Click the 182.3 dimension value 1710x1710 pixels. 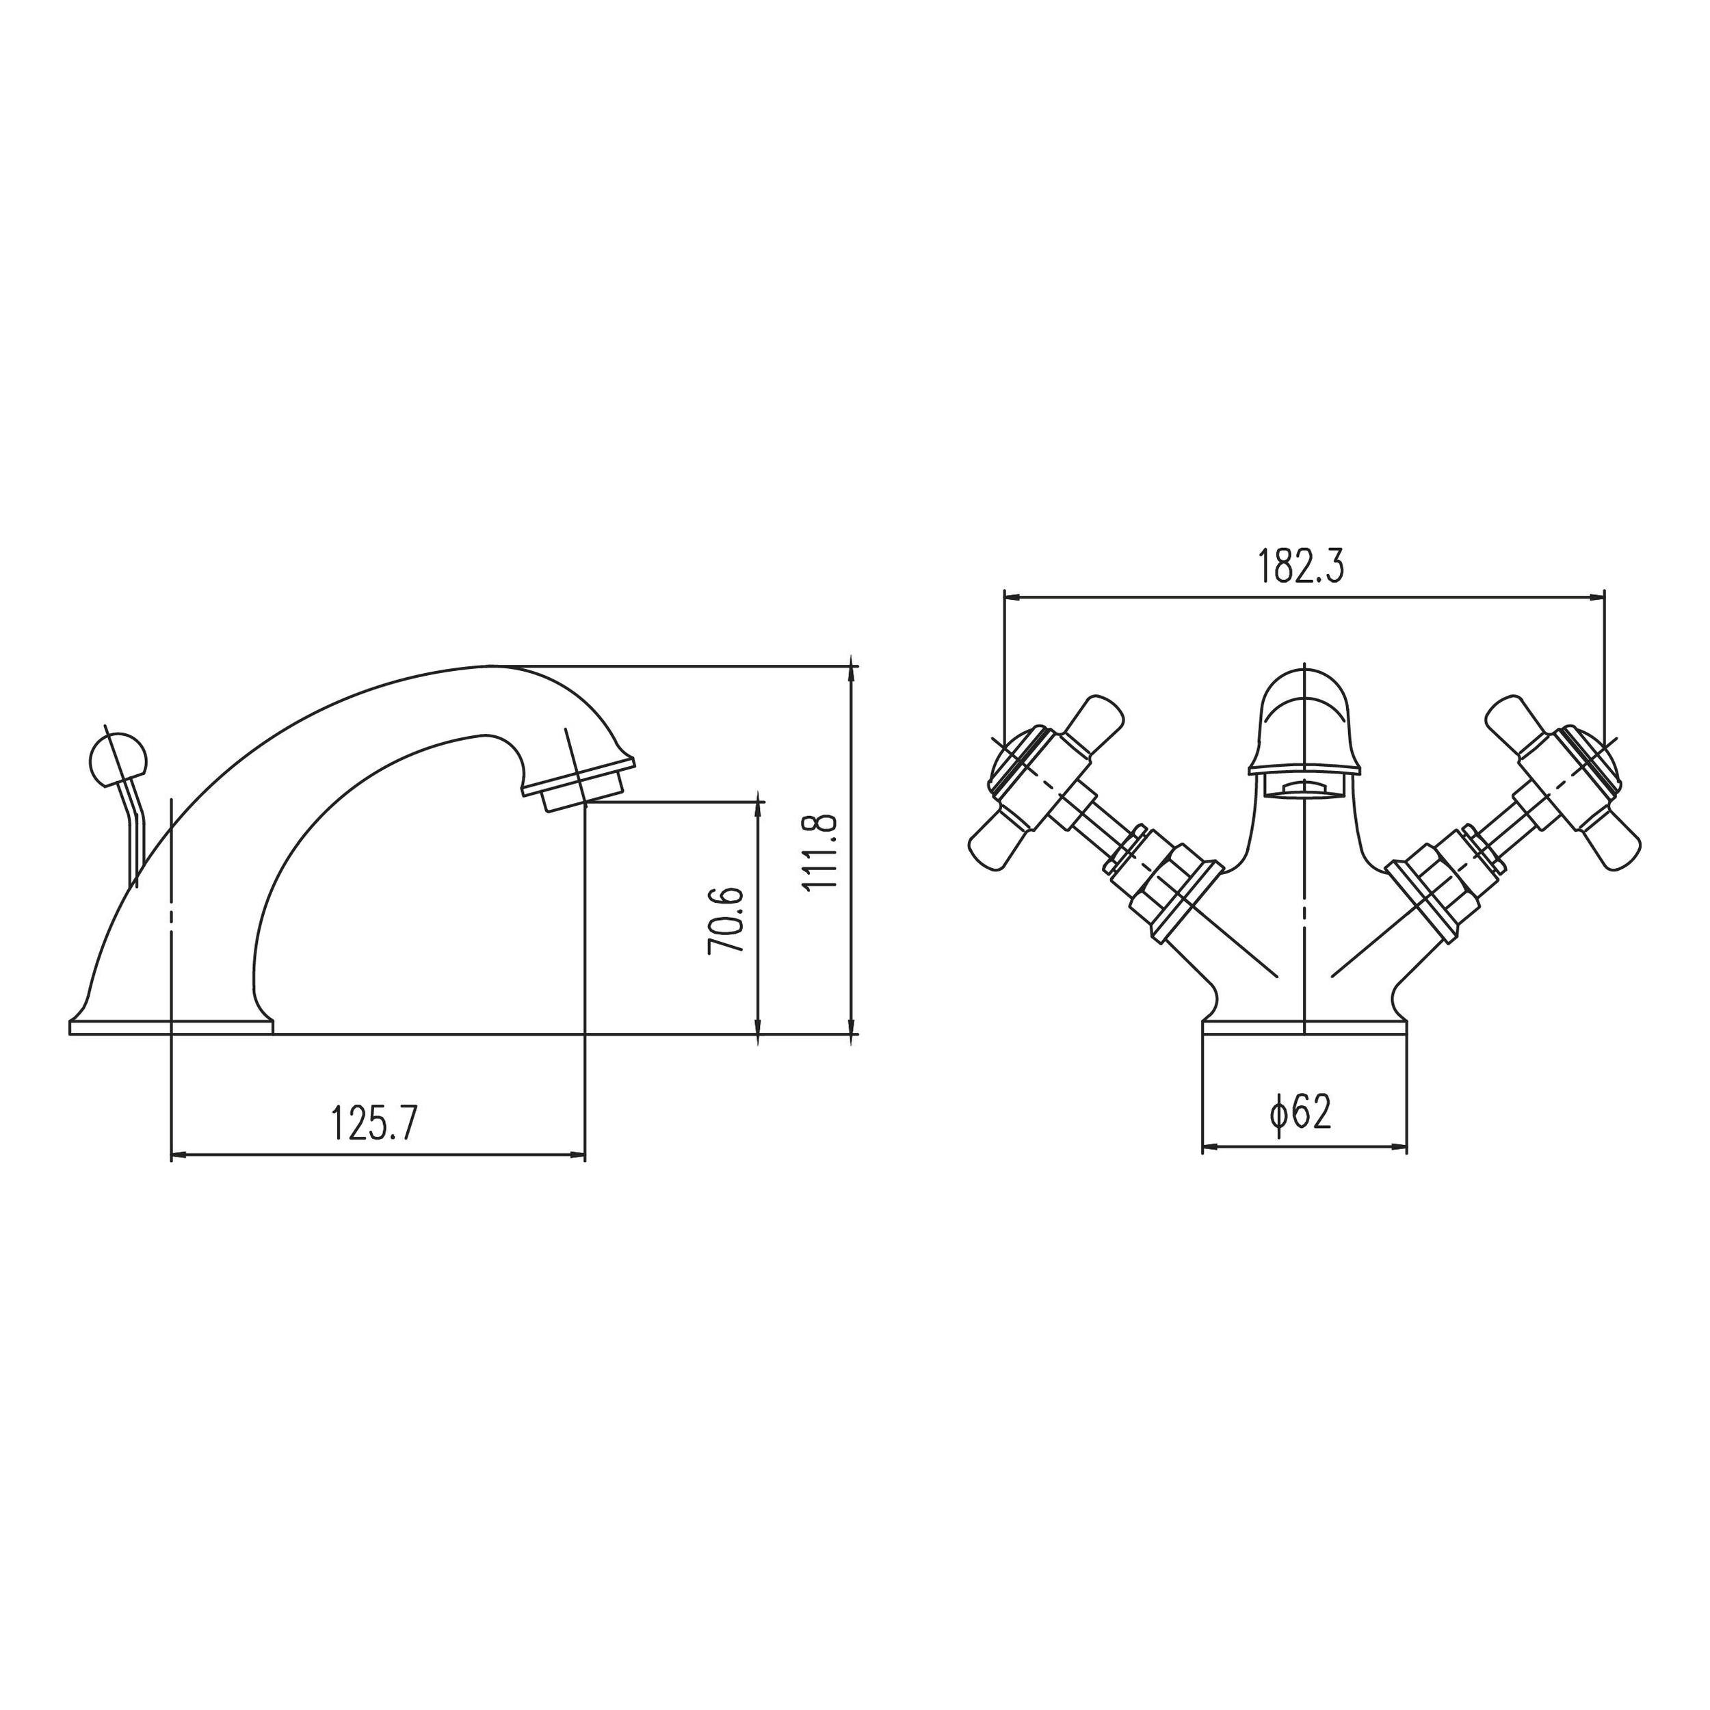click(x=1301, y=567)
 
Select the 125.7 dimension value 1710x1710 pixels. click(x=373, y=1123)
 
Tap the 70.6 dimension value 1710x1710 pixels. click(x=726, y=921)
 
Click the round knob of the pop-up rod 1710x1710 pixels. click(x=118, y=759)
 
